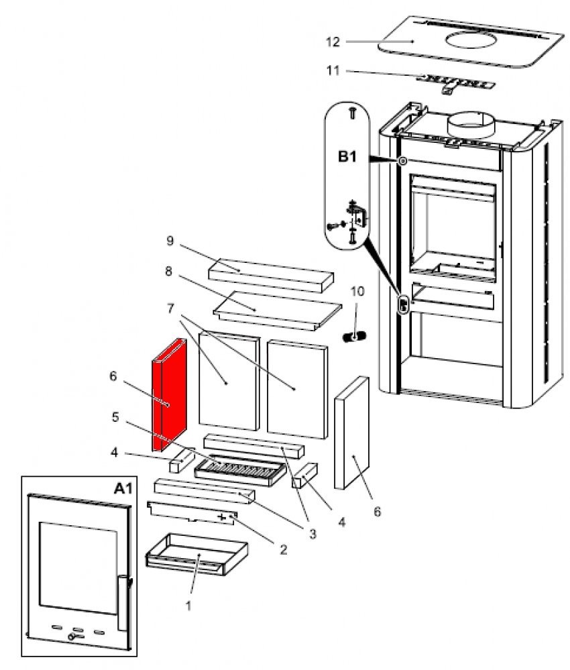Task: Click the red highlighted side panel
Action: (168, 396)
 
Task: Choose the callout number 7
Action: (172, 306)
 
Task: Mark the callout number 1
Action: (189, 604)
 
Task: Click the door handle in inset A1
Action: (123, 602)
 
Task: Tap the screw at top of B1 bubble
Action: (351, 114)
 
